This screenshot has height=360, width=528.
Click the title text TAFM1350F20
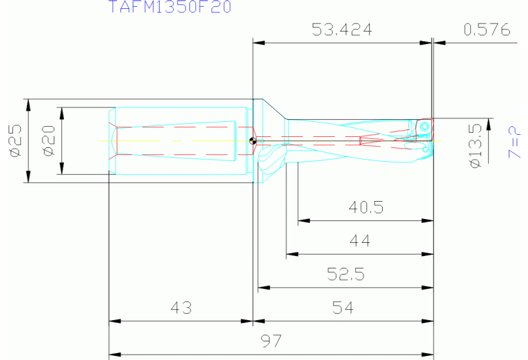[169, 8]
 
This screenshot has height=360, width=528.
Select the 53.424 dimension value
[341, 30]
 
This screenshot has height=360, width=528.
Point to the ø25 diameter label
[15, 142]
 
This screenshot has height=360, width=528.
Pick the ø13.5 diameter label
[474, 145]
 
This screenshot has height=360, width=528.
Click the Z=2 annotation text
[513, 142]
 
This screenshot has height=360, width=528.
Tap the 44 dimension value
[359, 241]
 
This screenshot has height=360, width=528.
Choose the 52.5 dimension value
[346, 275]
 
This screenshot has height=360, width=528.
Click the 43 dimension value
[181, 308]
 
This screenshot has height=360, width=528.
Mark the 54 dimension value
[343, 308]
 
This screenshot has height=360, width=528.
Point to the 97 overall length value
[271, 341]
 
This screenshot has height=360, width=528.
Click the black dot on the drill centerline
[253, 142]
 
